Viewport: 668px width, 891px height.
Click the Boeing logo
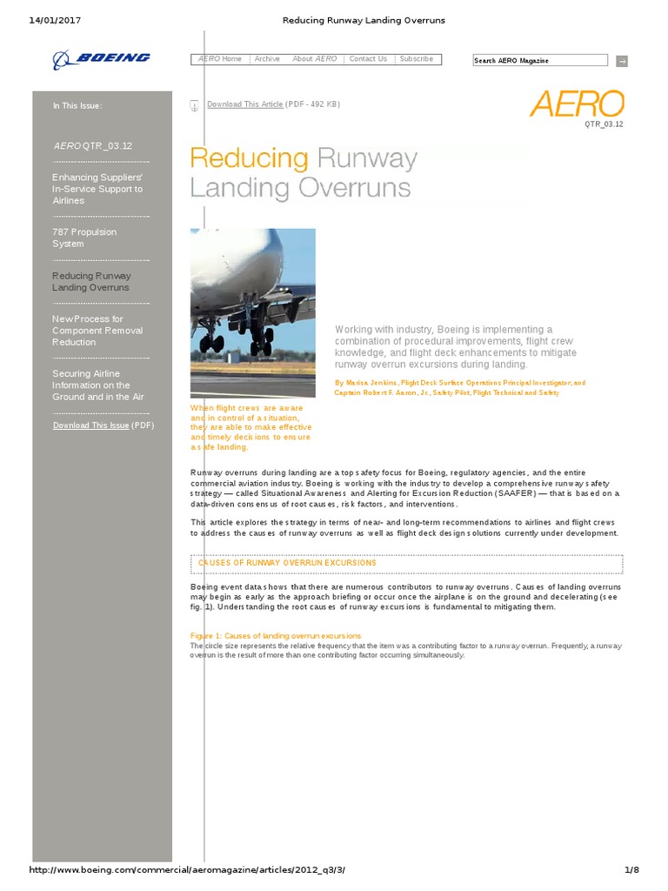101,58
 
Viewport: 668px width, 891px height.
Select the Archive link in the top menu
267,59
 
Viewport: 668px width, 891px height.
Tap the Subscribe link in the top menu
417,59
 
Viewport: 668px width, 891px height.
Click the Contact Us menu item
368,59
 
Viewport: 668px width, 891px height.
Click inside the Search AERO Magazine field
539,60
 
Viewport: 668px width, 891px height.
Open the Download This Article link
244,104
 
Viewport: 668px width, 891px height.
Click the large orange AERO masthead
577,104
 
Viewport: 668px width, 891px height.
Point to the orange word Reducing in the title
249,158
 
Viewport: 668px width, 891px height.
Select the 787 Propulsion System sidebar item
83,238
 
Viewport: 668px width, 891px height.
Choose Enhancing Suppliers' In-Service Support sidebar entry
97,189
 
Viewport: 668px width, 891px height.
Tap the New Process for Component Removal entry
97,331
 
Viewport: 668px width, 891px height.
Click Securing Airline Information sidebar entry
97,385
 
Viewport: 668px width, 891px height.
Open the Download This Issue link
90,425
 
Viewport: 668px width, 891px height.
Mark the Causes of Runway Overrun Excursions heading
287,563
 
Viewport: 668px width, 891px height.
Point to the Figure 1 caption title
275,636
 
